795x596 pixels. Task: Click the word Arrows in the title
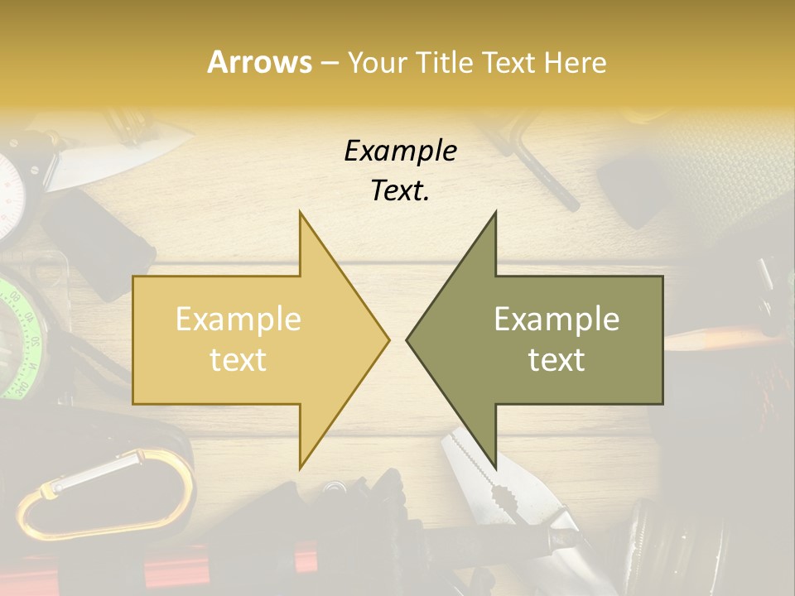pos(260,62)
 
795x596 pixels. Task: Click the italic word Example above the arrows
pos(400,151)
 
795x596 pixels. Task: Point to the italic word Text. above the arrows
pos(400,190)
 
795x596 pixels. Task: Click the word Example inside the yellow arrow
pos(238,319)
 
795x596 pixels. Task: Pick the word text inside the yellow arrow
pos(238,360)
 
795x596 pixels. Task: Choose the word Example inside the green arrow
pos(556,319)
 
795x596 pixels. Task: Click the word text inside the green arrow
pos(556,360)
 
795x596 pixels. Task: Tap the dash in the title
pos(329,63)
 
